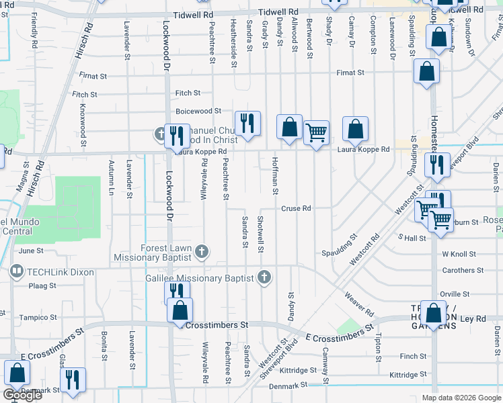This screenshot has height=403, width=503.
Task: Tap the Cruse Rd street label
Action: point(296,208)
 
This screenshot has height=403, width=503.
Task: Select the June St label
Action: point(32,251)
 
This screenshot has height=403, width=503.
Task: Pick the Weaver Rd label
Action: point(358,304)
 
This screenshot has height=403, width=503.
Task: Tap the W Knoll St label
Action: point(459,255)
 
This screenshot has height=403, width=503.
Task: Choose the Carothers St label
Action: point(459,271)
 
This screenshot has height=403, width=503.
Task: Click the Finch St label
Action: point(413,357)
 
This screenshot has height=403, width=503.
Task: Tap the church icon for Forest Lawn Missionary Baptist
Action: point(201,253)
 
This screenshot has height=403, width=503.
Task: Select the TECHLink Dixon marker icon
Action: point(16,272)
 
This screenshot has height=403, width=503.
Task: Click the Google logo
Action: point(22,395)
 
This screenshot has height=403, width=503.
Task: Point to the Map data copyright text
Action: point(460,398)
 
